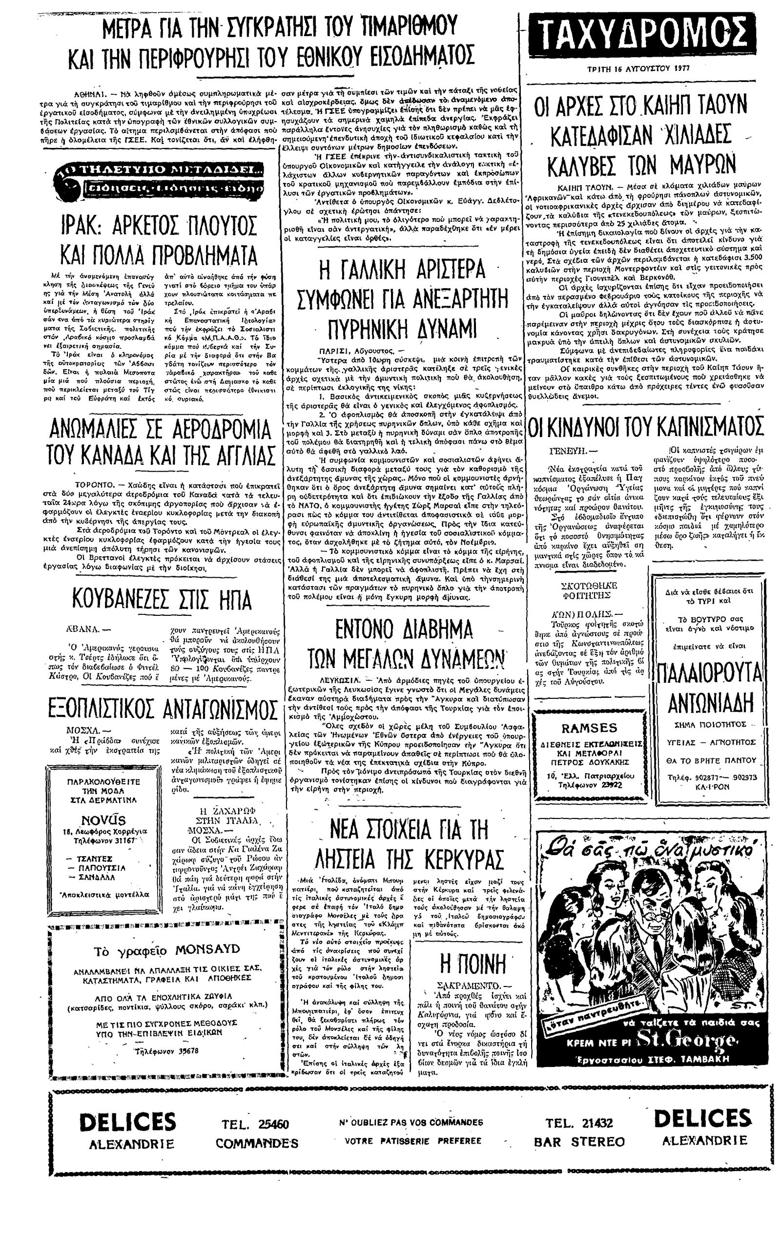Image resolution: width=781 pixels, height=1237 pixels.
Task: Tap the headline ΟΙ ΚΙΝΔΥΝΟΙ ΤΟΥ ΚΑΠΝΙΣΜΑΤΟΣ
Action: (x=646, y=427)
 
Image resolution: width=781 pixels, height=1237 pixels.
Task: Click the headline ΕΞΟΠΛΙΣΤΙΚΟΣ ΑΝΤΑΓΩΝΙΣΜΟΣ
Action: (x=162, y=710)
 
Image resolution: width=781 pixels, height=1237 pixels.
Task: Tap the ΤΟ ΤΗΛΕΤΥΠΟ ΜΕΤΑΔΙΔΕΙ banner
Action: (x=161, y=170)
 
